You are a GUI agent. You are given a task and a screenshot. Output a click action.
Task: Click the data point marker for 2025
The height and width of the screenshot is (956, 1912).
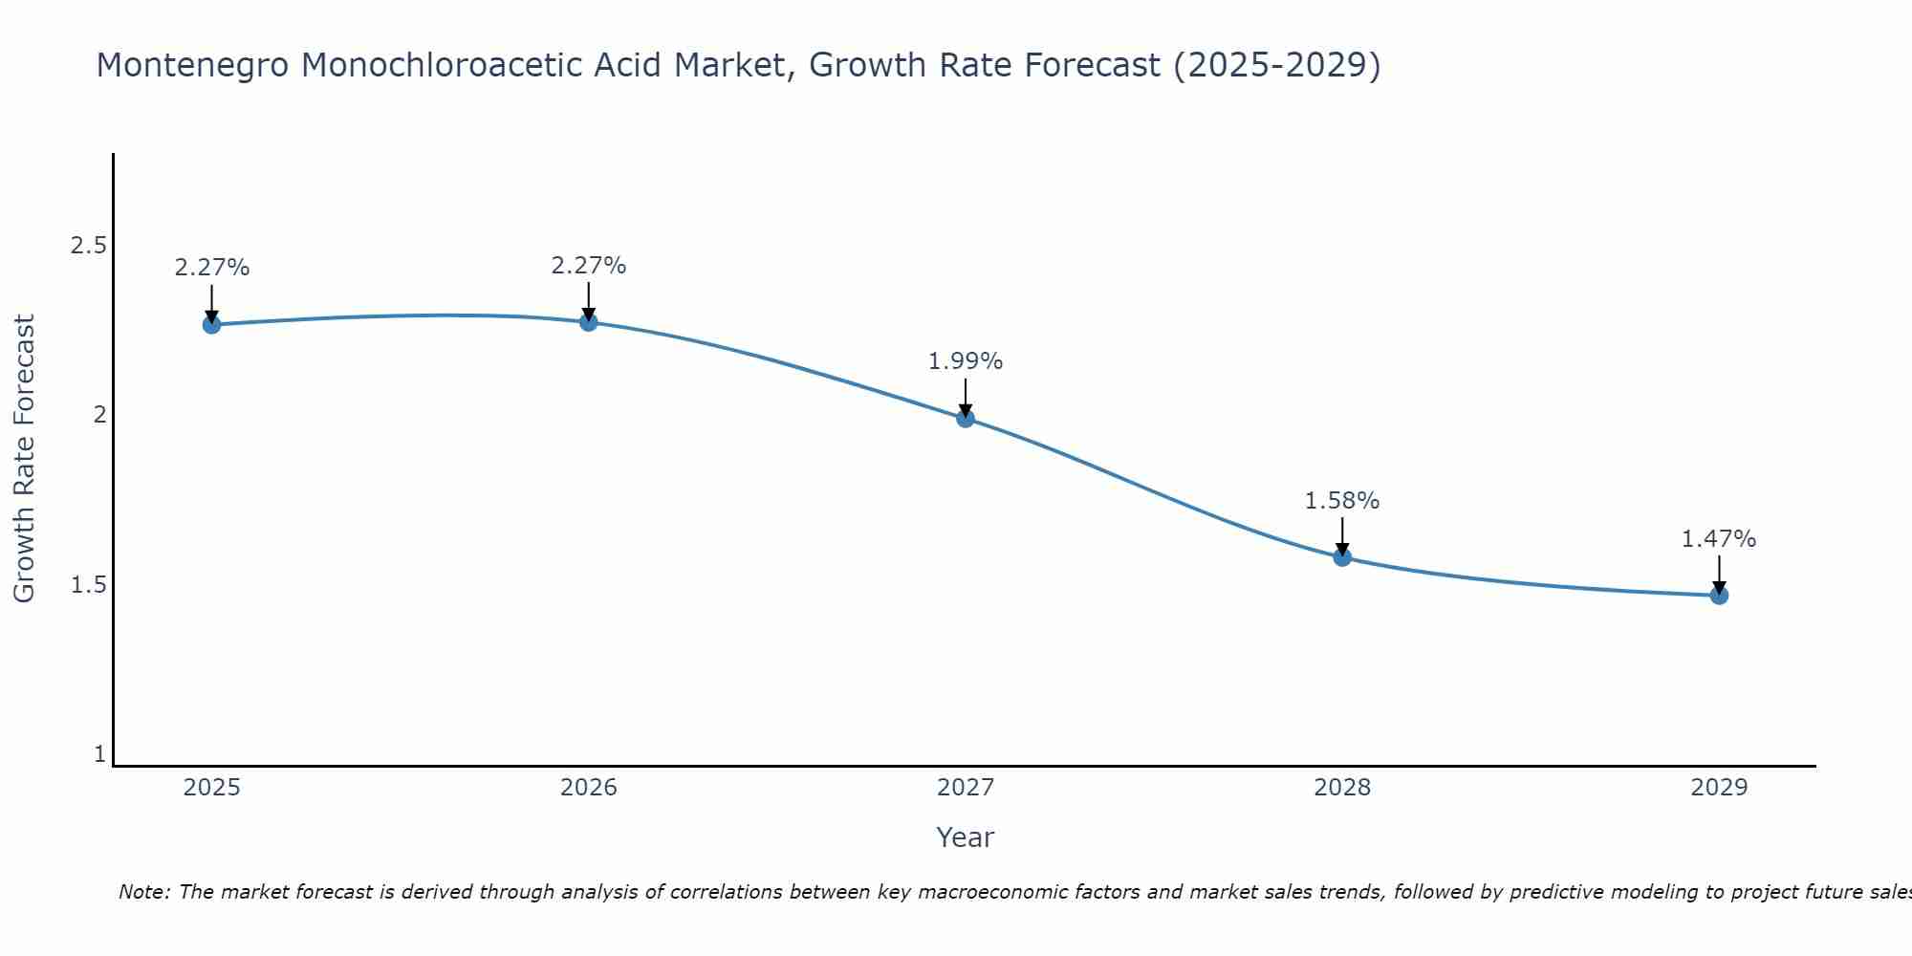[x=211, y=325]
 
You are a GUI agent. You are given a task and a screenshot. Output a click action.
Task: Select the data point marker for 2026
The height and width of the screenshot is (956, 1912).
[x=589, y=322]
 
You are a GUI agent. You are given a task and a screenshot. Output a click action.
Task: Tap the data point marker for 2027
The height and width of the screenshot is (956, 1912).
[x=966, y=418]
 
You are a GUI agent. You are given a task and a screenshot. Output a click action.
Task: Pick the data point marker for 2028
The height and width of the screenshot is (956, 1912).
[x=1342, y=556]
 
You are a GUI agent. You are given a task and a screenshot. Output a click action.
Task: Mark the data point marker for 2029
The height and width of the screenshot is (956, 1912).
[x=1719, y=595]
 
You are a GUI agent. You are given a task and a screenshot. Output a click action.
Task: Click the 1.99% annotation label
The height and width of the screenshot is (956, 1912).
[x=966, y=361]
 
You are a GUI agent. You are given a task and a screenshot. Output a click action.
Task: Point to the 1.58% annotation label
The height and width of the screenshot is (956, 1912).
[x=1342, y=501]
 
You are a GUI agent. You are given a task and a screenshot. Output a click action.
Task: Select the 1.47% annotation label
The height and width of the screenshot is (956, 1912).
[x=1719, y=539]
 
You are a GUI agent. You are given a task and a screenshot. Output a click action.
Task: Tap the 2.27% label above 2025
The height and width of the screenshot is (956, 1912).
[x=211, y=268]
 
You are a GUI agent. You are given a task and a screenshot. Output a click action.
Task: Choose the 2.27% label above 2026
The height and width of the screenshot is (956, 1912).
[x=589, y=266]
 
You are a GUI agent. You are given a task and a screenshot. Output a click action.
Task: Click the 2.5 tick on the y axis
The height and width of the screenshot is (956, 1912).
[x=88, y=246]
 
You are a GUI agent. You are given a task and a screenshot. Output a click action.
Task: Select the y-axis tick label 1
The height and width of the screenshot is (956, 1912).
[x=99, y=754]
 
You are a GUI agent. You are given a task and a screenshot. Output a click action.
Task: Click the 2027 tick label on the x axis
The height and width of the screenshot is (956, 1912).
[x=966, y=788]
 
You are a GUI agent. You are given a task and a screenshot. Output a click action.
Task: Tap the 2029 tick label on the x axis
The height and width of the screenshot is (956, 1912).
[x=1719, y=788]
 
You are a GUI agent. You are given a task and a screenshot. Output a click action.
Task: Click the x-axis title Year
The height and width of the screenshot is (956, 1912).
[x=966, y=837]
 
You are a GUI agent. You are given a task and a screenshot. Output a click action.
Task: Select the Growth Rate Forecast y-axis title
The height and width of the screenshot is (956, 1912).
[x=24, y=459]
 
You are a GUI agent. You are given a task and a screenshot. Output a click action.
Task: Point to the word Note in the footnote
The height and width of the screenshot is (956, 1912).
[x=143, y=892]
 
